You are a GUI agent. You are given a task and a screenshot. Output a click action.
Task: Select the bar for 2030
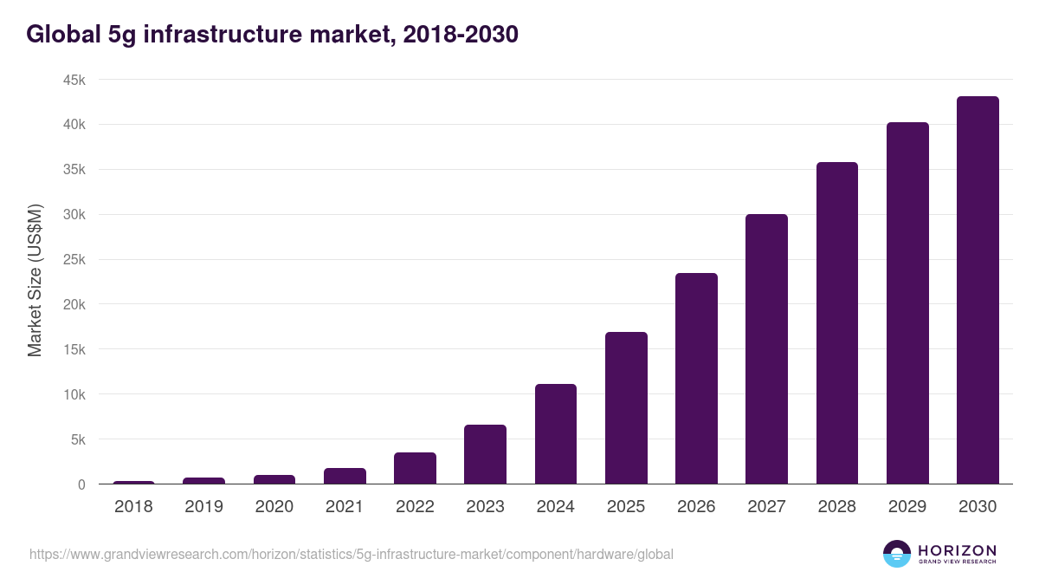tap(978, 290)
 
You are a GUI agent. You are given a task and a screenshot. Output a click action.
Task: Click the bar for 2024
tap(556, 434)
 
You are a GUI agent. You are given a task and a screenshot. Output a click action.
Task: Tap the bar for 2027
tap(766, 349)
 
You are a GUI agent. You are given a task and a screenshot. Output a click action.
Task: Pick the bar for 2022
tap(415, 469)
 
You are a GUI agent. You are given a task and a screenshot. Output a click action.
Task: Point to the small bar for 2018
tap(133, 483)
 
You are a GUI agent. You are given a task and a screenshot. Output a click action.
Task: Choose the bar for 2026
tap(696, 379)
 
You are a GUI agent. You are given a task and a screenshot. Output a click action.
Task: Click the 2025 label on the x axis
tap(626, 507)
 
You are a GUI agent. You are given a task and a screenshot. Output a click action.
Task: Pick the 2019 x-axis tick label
tap(203, 507)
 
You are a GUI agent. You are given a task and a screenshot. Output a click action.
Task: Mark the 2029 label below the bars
tap(907, 507)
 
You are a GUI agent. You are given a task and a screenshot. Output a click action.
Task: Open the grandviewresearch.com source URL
tap(351, 554)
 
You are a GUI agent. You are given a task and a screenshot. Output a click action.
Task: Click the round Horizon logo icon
tap(896, 554)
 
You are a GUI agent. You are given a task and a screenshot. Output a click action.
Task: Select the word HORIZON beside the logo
tap(957, 549)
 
